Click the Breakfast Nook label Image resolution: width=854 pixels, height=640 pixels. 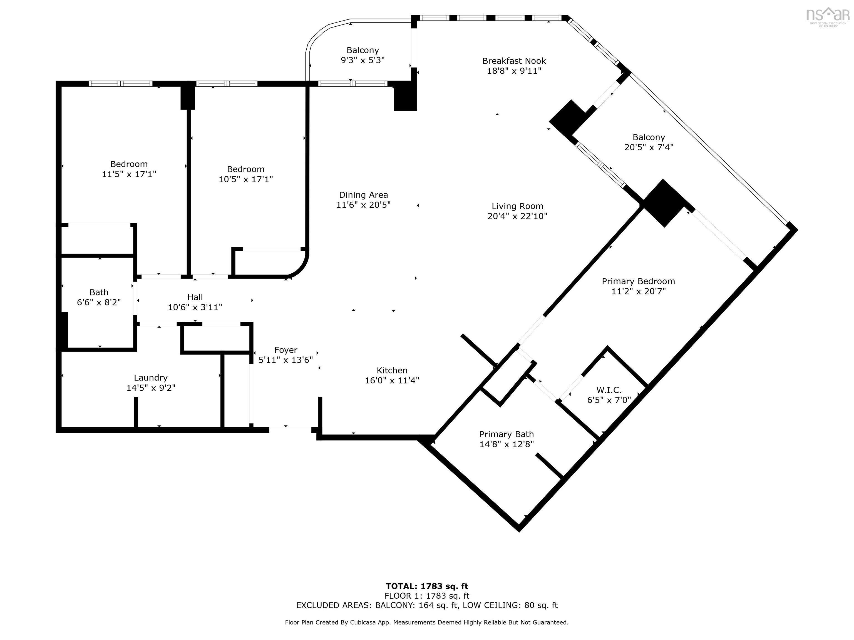coord(514,61)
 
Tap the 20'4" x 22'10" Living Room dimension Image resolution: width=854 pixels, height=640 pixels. coord(517,216)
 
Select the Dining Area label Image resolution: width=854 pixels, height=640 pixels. coord(363,195)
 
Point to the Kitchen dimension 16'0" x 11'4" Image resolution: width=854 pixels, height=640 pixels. coord(392,380)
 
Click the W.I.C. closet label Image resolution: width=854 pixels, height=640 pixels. coord(609,390)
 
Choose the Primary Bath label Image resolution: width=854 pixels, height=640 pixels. coord(506,434)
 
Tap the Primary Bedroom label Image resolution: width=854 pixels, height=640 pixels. coord(638,281)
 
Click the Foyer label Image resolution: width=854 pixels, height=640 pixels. coord(286,350)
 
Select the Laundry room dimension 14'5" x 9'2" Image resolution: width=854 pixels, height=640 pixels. coord(151,388)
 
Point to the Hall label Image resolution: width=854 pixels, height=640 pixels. coord(195,297)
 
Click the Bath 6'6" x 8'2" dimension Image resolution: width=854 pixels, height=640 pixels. coord(99,302)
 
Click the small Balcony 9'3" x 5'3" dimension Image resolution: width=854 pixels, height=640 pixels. coord(363,60)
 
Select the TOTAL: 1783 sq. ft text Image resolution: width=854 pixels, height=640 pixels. coord(427,586)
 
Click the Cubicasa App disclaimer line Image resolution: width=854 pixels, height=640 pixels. coord(427,622)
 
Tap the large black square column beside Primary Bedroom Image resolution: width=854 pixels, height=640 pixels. coord(664,203)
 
